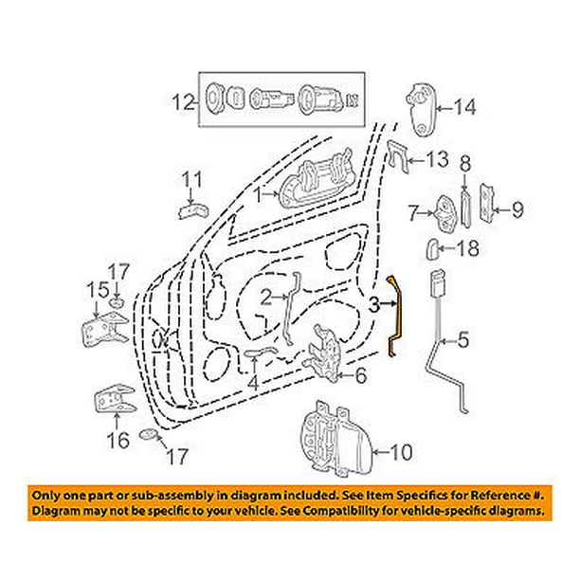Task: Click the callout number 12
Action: tap(183, 100)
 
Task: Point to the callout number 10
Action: tap(402, 453)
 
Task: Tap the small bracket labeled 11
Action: tap(193, 208)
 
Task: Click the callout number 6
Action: tap(359, 375)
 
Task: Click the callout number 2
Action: tap(268, 297)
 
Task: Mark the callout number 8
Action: tap(465, 165)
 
